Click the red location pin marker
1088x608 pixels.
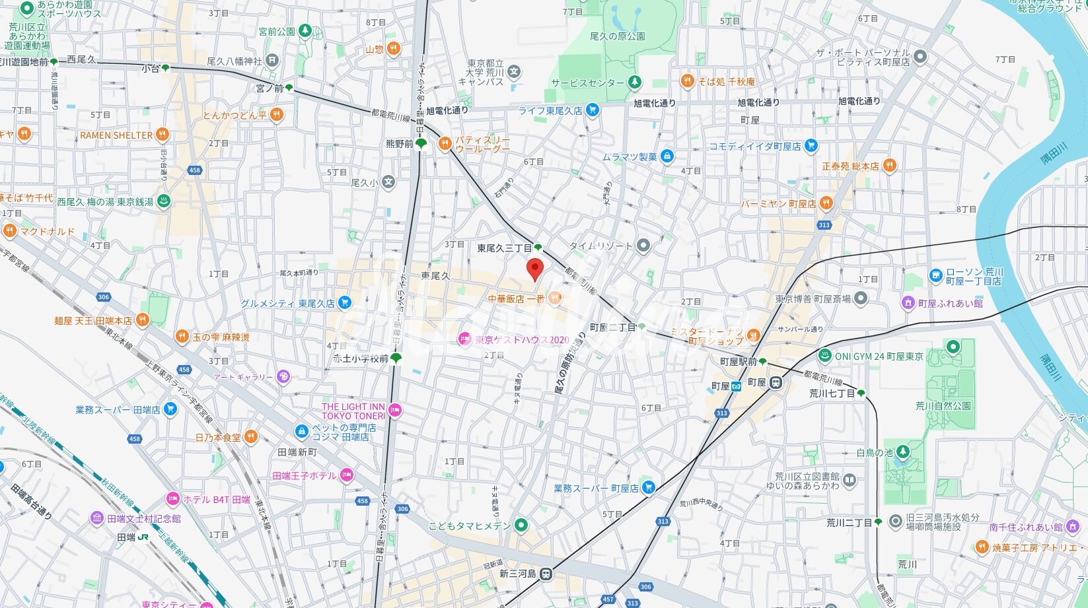click(534, 269)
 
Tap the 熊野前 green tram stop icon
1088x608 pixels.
click(421, 143)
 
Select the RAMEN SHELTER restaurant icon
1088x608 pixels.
click(162, 135)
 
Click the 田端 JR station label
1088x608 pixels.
click(126, 537)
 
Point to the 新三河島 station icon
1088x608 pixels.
click(546, 574)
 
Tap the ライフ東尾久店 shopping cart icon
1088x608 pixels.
click(593, 110)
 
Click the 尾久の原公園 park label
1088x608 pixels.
click(617, 36)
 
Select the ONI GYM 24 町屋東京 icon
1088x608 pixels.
click(825, 356)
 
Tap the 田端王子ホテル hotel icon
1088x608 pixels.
click(347, 475)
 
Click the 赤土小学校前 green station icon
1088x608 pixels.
click(396, 358)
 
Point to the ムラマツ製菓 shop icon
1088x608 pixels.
click(667, 156)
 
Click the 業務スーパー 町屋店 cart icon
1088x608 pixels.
click(649, 488)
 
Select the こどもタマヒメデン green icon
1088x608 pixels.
click(522, 525)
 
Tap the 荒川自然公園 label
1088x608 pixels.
click(943, 406)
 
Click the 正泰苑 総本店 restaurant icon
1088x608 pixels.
click(890, 166)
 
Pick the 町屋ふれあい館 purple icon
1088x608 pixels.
click(908, 303)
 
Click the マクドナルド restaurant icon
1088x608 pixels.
click(9, 231)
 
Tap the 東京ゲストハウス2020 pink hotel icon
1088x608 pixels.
click(465, 339)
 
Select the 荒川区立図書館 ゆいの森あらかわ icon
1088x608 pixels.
click(850, 480)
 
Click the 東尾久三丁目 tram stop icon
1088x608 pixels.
click(538, 248)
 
